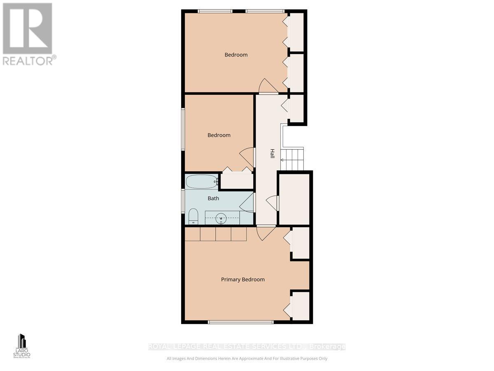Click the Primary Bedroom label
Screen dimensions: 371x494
click(242, 279)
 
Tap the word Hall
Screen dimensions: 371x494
click(272, 154)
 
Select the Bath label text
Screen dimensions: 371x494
click(213, 198)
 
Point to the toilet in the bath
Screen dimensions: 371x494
click(193, 216)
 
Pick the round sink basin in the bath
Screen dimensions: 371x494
click(221, 217)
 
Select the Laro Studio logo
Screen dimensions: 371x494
click(21, 346)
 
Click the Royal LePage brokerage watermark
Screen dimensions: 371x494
click(247, 347)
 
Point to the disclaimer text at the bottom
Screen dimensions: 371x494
click(247, 359)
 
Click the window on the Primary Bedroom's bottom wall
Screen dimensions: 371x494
click(240, 322)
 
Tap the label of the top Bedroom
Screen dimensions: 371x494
click(236, 55)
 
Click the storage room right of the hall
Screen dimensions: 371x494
click(294, 199)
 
